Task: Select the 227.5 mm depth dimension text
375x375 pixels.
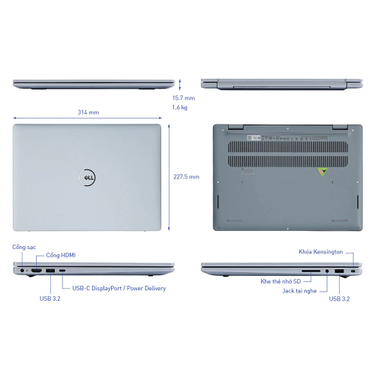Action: click(186, 177)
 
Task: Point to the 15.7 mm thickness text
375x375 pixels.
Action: click(183, 97)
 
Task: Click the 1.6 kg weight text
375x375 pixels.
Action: click(179, 108)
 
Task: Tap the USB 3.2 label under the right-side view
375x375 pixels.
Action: click(340, 299)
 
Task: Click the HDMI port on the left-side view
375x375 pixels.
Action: click(36, 269)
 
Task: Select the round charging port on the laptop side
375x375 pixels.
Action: click(24, 269)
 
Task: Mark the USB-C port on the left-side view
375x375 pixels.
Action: click(62, 269)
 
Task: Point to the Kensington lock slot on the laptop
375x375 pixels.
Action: click(352, 269)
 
